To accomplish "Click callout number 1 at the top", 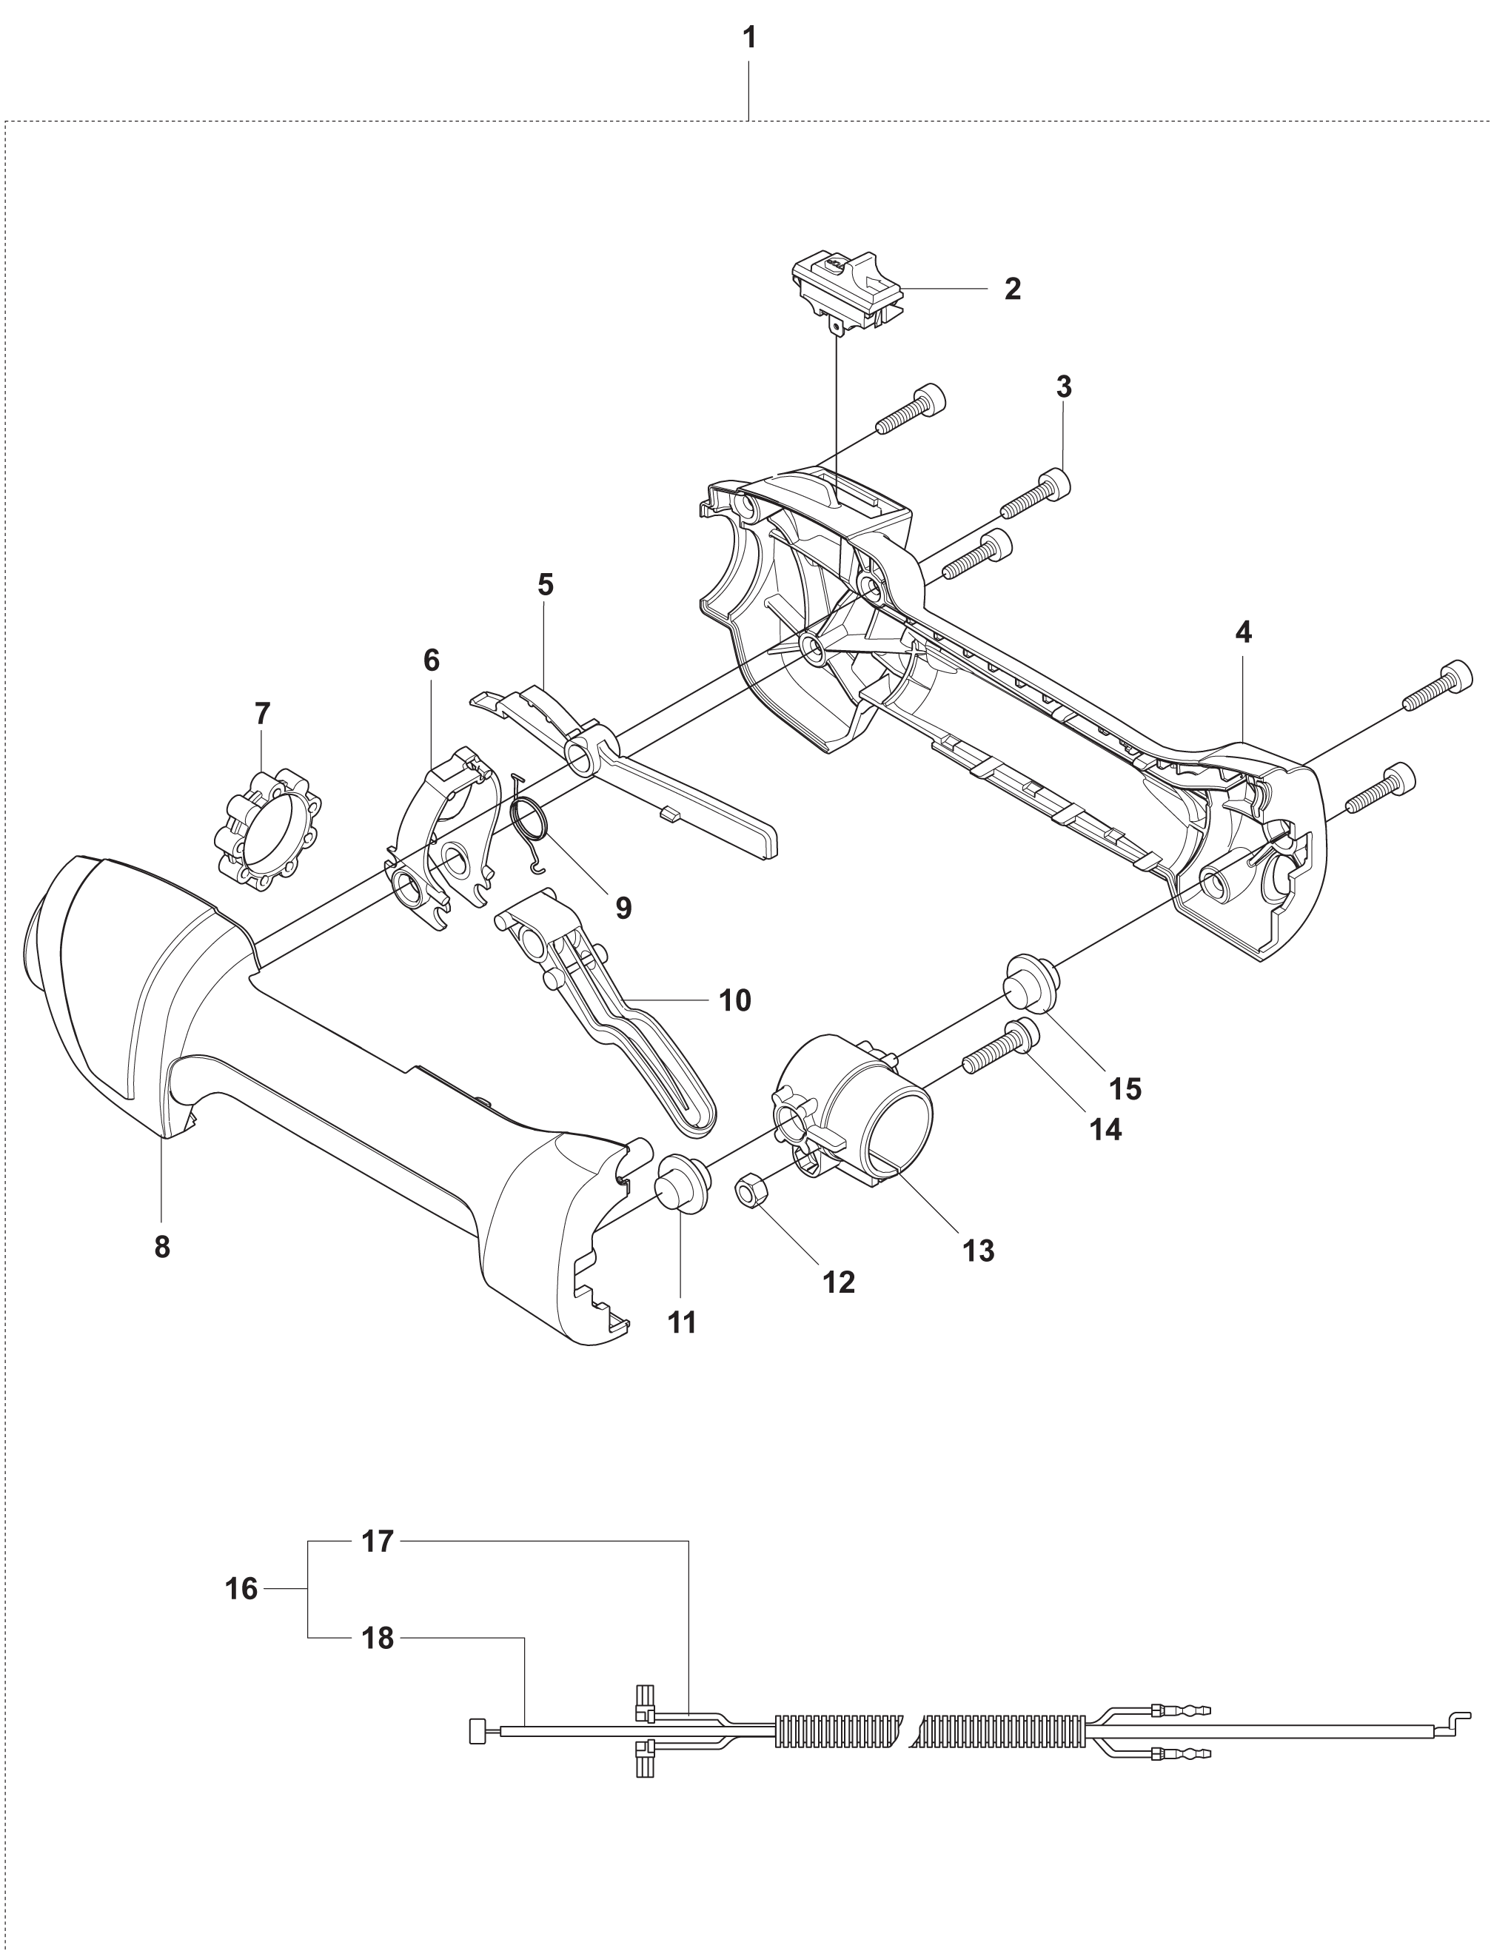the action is pyautogui.click(x=749, y=39).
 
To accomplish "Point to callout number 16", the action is pyautogui.click(x=241, y=1588).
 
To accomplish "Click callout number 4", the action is pyautogui.click(x=1244, y=633).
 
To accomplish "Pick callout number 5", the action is pyautogui.click(x=545, y=585).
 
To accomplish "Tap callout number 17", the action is pyautogui.click(x=377, y=1542).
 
